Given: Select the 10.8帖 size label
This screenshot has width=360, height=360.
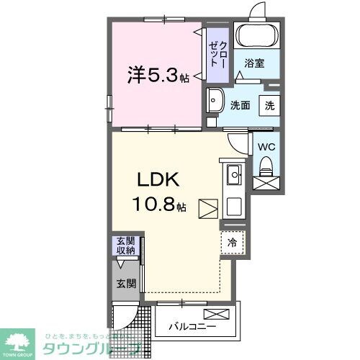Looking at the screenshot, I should click(x=158, y=206).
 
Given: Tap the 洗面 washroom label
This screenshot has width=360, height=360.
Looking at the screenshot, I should click(x=240, y=104).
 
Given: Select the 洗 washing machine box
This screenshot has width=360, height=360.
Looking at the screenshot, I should click(x=269, y=104).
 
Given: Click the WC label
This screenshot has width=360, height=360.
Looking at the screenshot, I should click(x=266, y=147).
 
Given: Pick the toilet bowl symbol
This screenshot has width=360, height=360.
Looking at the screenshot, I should click(x=265, y=168).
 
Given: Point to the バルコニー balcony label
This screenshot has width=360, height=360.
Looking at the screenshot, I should click(x=193, y=325).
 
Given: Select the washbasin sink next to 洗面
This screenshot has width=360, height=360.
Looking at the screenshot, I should click(x=214, y=101).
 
